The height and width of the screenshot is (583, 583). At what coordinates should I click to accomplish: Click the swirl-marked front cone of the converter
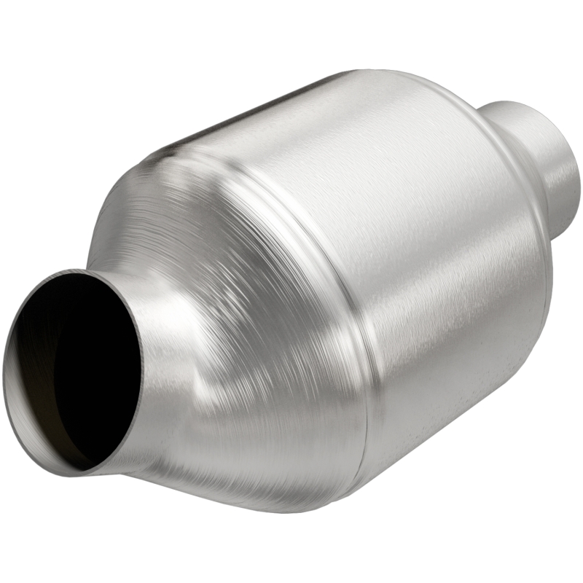pos(240,306)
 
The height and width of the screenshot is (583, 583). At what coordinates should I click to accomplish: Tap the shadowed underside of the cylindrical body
pos(408,452)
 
